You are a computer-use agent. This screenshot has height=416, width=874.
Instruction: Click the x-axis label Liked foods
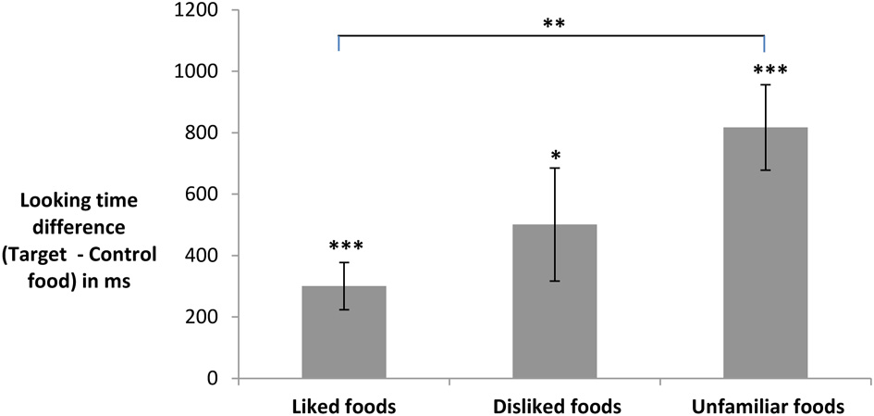(343, 406)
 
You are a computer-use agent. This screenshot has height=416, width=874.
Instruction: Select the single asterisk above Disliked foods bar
(554, 155)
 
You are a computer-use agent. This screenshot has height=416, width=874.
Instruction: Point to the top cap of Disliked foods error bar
(554, 168)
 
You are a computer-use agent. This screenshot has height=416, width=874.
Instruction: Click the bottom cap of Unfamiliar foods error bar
(765, 170)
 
